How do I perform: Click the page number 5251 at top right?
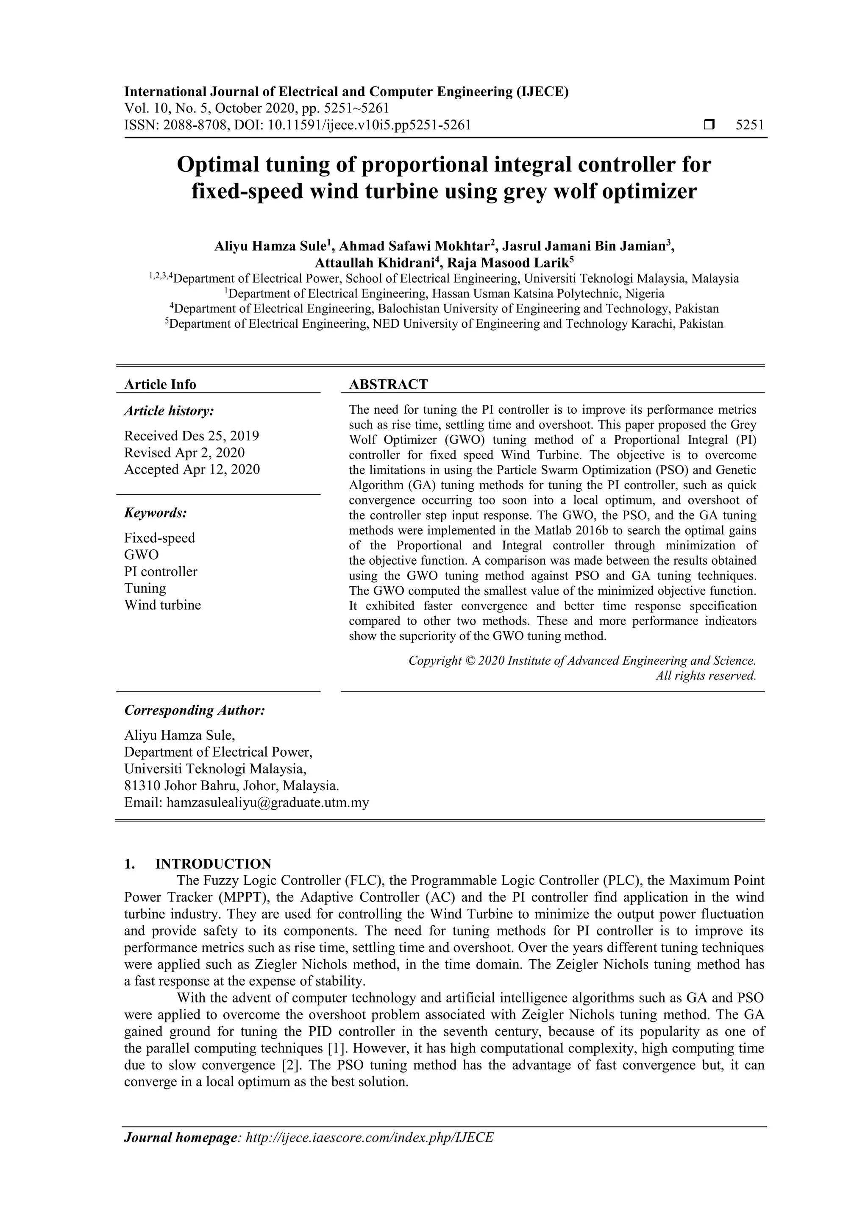[x=750, y=125]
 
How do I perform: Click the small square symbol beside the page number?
[x=709, y=125]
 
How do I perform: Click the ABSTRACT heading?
[x=388, y=384]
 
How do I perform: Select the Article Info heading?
[x=160, y=384]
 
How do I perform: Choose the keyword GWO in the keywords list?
[x=141, y=554]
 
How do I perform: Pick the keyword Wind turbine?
[x=163, y=605]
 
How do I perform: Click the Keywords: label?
[x=156, y=513]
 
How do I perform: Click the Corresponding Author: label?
[x=195, y=710]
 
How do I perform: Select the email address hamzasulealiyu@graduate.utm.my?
[x=267, y=803]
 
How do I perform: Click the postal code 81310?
[x=142, y=786]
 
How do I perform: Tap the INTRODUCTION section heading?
[x=213, y=864]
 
